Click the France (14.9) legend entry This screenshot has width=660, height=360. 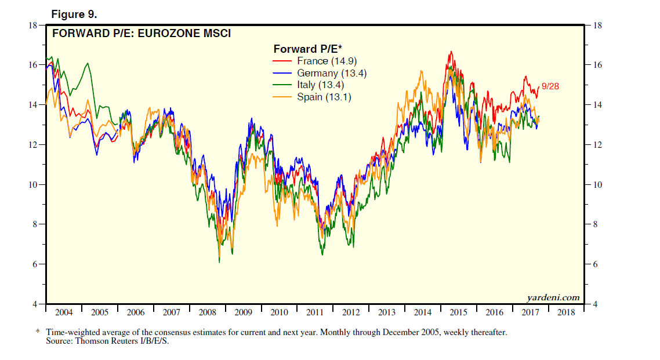(x=321, y=61)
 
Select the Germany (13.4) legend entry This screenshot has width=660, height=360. (x=332, y=73)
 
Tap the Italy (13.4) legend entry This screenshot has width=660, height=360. (x=320, y=85)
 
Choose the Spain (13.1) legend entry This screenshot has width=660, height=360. (x=324, y=97)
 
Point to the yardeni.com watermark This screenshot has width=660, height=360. (x=553, y=297)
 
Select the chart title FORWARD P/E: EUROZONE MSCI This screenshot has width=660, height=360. (x=142, y=34)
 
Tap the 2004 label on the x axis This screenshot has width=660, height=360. (x=63, y=312)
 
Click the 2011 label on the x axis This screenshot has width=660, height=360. (x=315, y=312)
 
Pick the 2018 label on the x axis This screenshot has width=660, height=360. (x=566, y=312)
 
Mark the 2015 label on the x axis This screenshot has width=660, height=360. (x=458, y=312)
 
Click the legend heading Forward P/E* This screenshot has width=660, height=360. (x=307, y=49)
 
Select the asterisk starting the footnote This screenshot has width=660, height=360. (x=38, y=332)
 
